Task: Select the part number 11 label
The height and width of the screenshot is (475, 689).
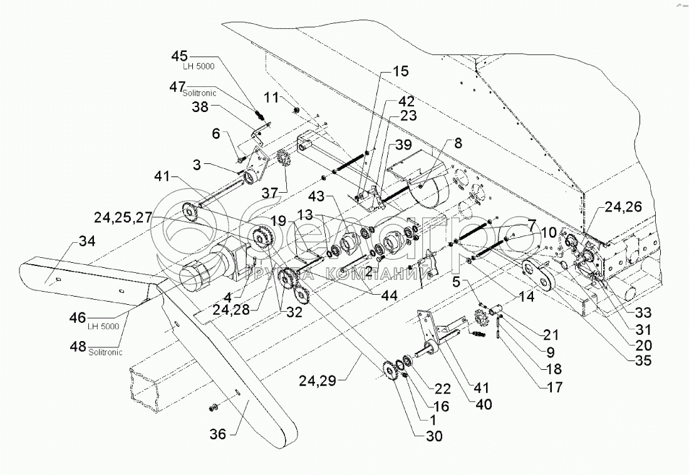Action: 271,98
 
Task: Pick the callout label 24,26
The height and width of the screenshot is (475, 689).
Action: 623,207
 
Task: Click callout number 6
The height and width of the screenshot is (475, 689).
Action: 215,134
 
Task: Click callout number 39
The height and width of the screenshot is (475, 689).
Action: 403,145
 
